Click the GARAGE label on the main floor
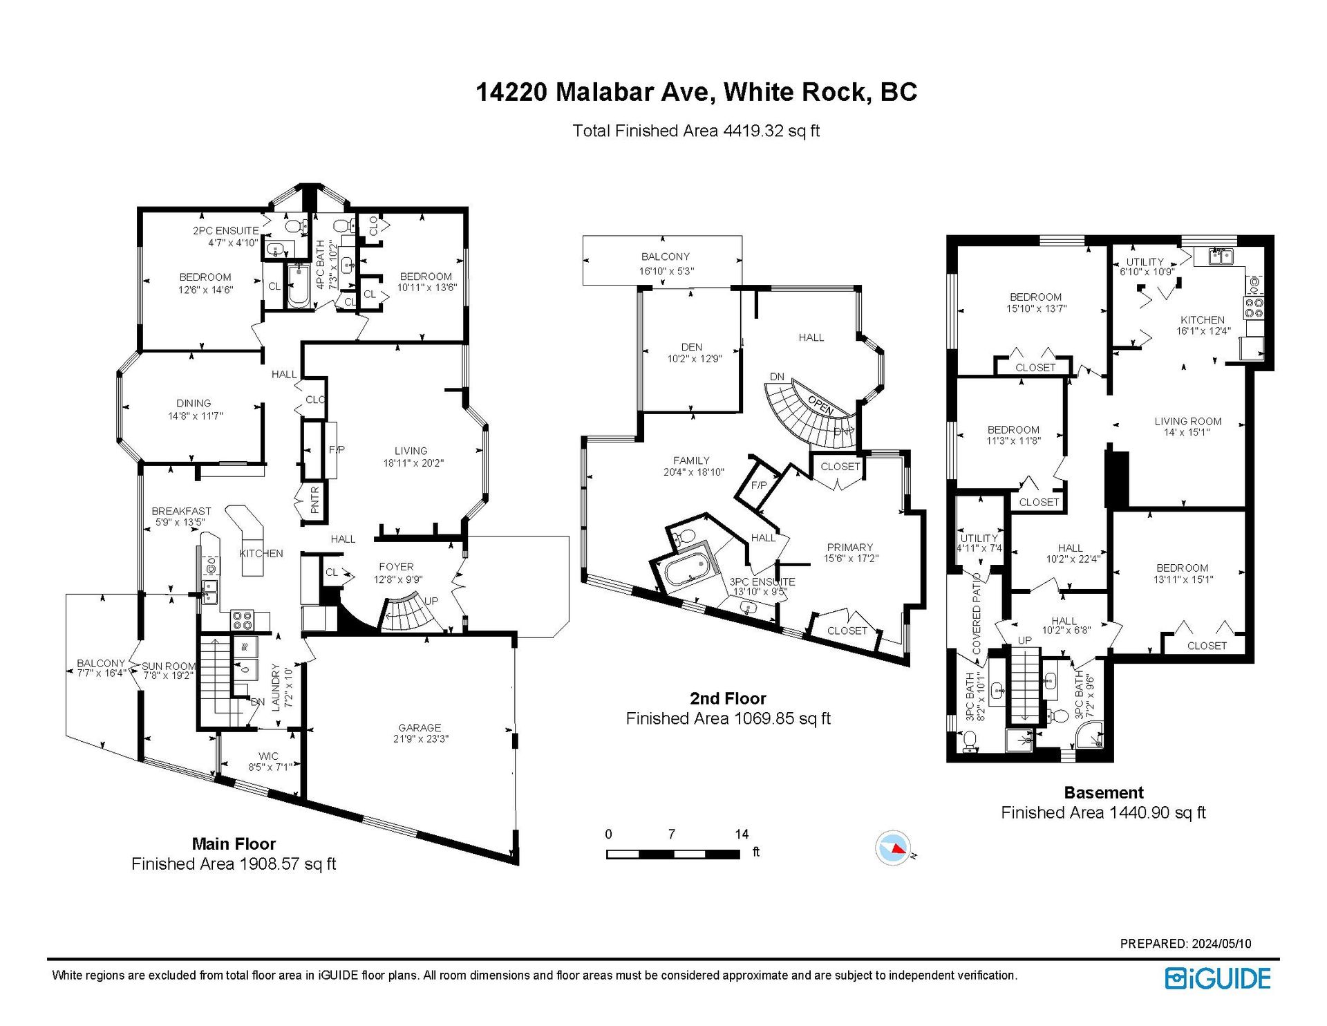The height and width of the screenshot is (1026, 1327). [419, 727]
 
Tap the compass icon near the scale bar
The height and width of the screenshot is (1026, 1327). [893, 848]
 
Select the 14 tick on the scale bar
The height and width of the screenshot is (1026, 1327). [741, 834]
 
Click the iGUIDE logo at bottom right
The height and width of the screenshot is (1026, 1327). [1218, 978]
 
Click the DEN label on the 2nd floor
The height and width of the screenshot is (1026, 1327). [691, 347]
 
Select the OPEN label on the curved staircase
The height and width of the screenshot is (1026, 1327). [820, 406]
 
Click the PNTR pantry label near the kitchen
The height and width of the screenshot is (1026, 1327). [315, 499]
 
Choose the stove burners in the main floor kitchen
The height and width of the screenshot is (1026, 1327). [242, 620]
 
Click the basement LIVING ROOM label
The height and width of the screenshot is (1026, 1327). [1187, 421]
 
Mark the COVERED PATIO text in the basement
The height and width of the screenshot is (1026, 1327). [977, 613]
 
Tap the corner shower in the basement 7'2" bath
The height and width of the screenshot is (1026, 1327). [1090, 736]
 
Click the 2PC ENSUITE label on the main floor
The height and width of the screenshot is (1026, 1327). [225, 231]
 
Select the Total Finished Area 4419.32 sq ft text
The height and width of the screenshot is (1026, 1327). [695, 131]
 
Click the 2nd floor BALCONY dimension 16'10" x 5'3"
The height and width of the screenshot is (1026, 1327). [666, 271]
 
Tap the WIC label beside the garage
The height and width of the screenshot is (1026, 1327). [268, 756]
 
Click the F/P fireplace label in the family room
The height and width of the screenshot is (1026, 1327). [758, 485]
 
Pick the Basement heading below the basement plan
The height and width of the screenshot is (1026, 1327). [1103, 792]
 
